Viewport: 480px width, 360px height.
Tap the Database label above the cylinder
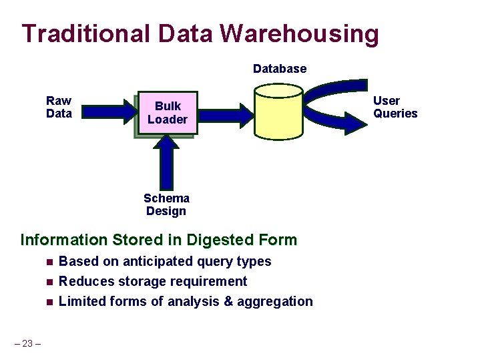point(280,69)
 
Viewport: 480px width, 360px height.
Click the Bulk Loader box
point(167,113)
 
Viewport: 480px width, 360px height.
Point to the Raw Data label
point(59,107)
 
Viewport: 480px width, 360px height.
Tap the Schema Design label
point(166,204)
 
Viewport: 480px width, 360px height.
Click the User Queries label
point(395,107)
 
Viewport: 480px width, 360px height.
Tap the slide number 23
point(27,343)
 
